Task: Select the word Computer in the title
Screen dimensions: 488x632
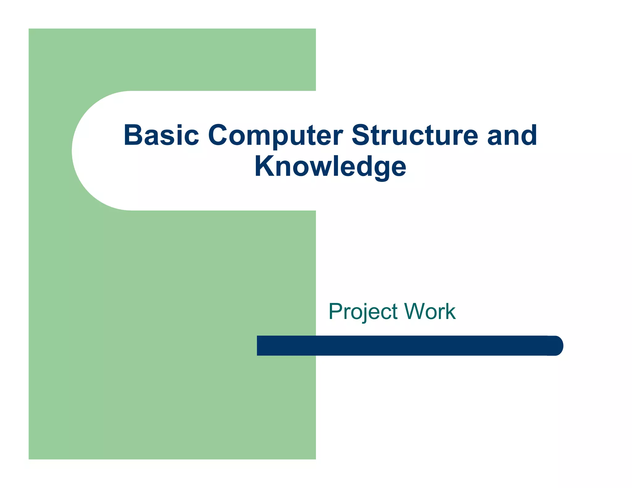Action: coord(275,136)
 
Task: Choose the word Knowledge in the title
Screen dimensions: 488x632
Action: coord(330,167)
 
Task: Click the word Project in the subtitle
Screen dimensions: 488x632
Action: coord(363,312)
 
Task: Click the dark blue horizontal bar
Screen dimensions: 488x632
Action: coord(401,345)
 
